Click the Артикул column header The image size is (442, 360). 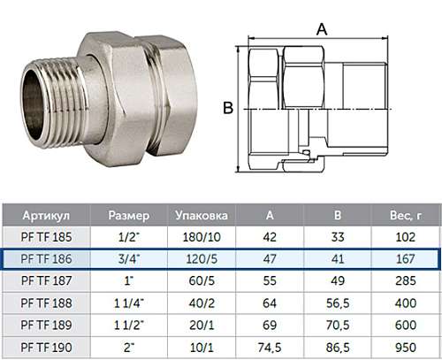tap(46, 216)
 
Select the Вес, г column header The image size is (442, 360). tap(406, 216)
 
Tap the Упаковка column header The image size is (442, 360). tap(202, 216)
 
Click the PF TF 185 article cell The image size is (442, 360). tap(46, 237)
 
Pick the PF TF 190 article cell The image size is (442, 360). tap(46, 348)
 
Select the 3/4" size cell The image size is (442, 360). tap(129, 259)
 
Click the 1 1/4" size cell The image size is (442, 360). tap(129, 303)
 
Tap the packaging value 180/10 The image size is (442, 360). tap(202, 237)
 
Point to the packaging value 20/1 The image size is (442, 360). tap(202, 326)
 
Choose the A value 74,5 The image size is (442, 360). tap(270, 348)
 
